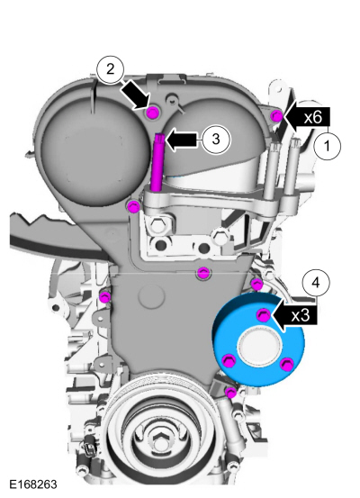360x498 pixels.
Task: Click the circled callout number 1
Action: [329, 143]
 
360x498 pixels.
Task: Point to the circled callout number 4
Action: [316, 281]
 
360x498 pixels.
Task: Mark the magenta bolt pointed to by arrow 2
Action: [152, 112]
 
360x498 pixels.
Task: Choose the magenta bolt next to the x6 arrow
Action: [277, 115]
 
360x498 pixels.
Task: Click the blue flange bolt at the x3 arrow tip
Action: [263, 314]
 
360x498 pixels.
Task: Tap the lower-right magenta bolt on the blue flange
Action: [286, 364]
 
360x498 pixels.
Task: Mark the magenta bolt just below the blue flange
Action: [231, 393]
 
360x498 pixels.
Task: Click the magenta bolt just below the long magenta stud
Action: [133, 208]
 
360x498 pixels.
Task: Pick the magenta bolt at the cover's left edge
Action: [105, 296]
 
